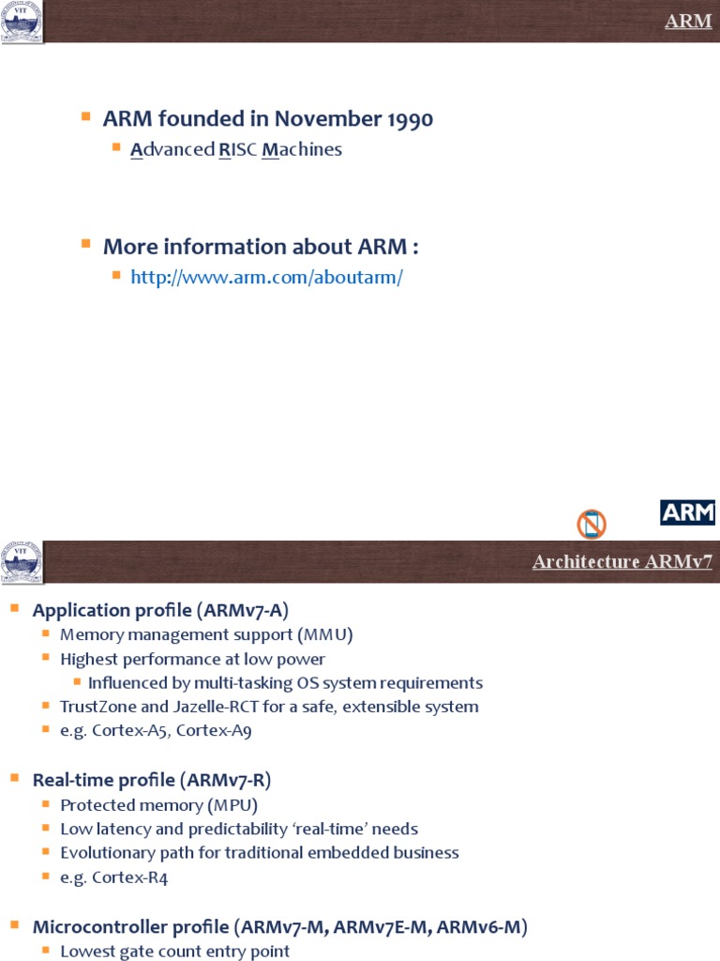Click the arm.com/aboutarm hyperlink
coord(267,278)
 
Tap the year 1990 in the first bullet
coord(407,119)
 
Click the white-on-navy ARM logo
coord(688,512)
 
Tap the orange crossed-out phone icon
coord(592,524)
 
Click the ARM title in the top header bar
coord(688,22)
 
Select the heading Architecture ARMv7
coord(622,562)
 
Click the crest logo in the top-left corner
coord(21,22)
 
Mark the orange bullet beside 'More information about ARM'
coord(85,244)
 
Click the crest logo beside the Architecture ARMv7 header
coord(21,561)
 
